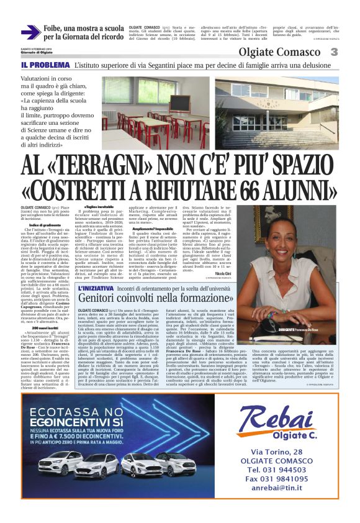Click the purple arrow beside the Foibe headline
pos(30,32)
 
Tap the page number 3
pos(351,52)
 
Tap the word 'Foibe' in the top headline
pos(53,29)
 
